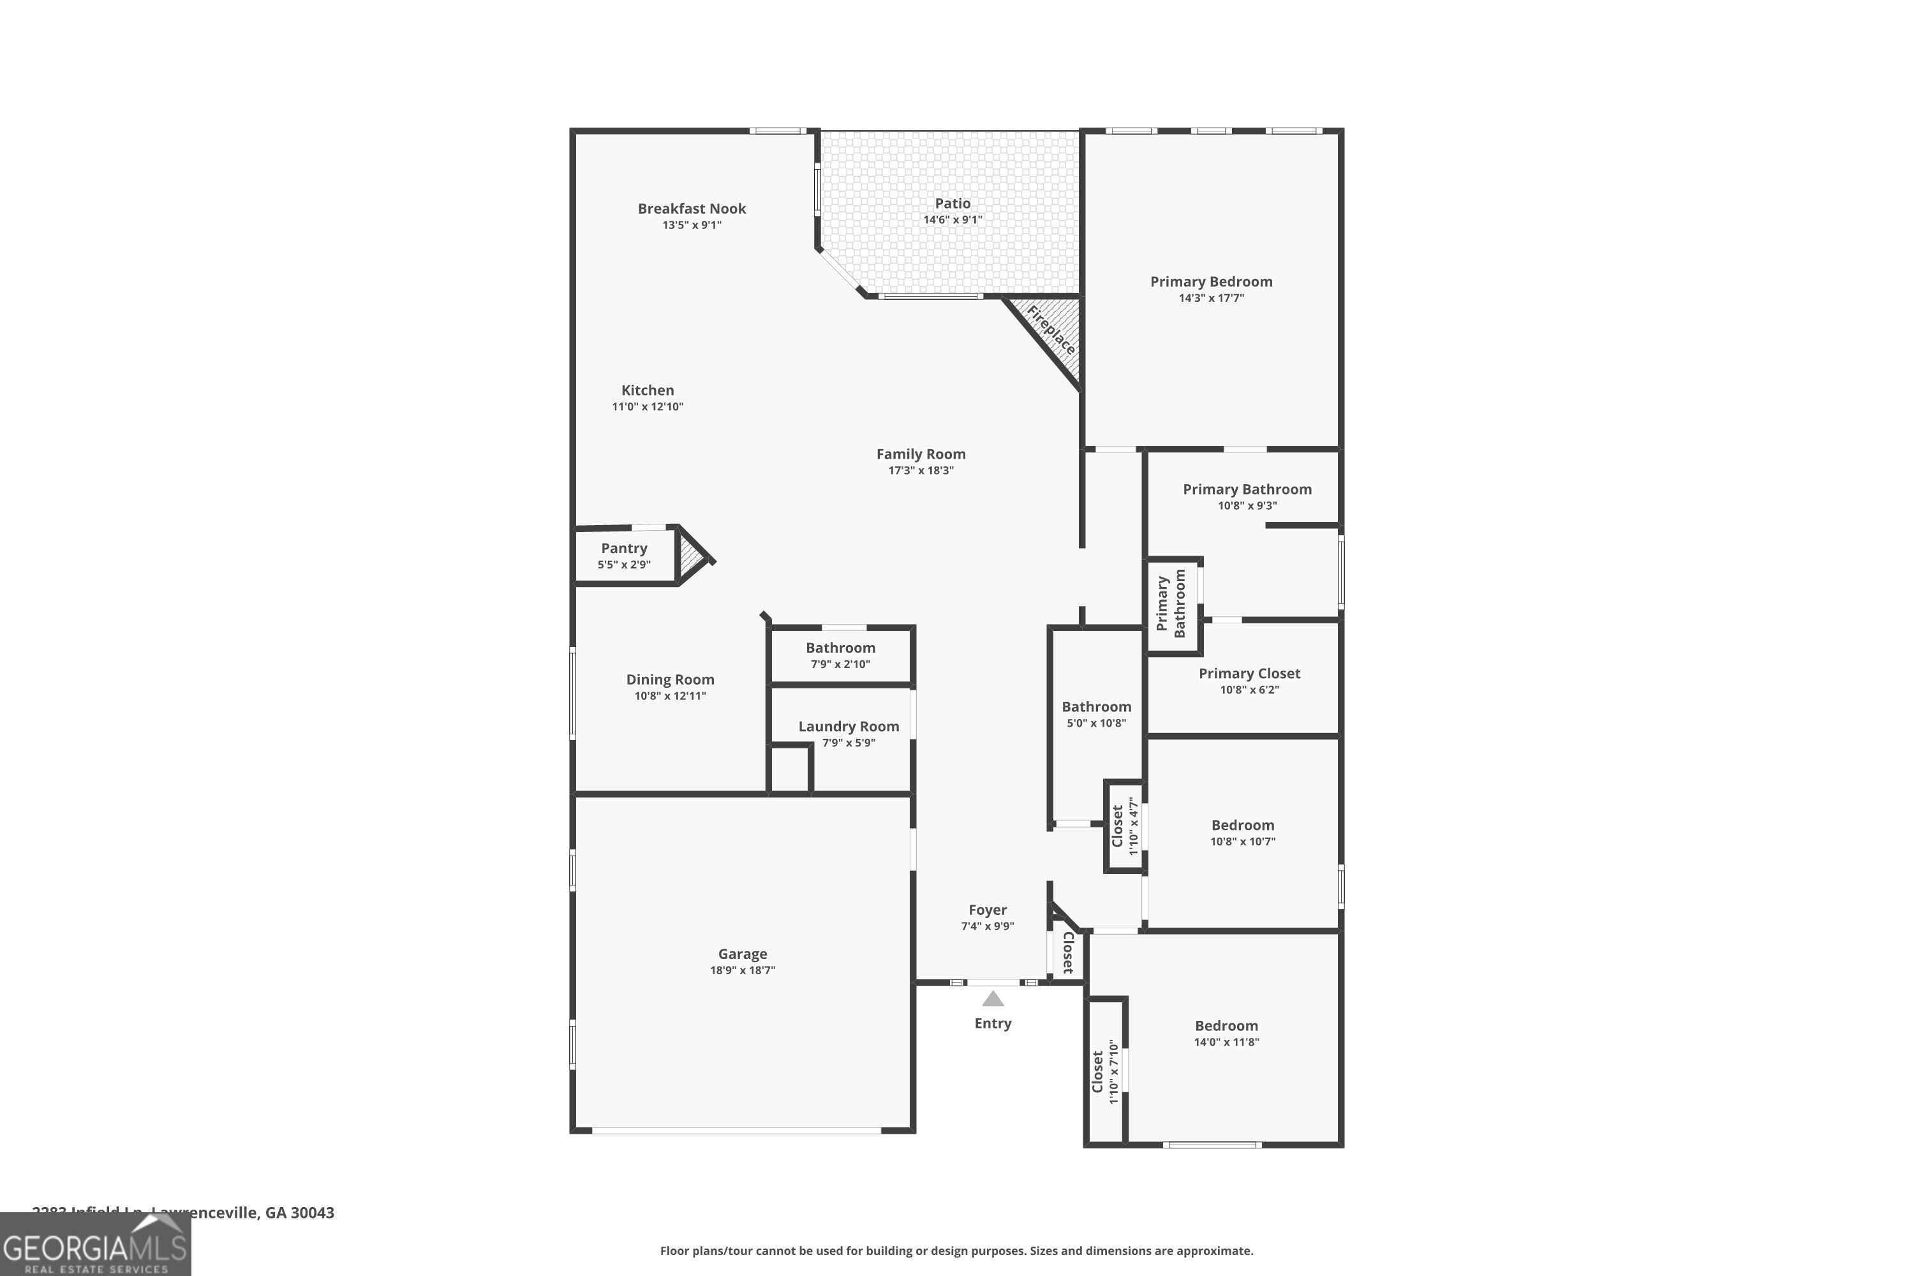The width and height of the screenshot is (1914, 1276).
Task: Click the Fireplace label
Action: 1051,330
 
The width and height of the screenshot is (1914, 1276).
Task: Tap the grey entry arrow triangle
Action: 992,998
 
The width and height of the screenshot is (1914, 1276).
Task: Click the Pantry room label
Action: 624,549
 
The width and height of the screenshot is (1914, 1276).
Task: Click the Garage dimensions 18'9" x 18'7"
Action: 742,970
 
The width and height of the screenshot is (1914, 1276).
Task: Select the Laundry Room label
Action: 848,726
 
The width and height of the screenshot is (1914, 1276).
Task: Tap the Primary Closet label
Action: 1249,673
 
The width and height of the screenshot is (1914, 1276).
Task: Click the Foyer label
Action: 987,910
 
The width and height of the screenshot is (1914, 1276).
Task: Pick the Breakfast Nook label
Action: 692,209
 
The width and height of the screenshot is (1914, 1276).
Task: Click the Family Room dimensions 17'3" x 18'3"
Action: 921,470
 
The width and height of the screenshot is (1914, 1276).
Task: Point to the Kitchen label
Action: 647,390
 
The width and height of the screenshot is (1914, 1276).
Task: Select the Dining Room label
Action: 670,679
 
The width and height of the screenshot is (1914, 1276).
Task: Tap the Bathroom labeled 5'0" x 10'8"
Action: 1095,706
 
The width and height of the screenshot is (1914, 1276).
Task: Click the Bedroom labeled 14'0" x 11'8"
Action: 1226,1025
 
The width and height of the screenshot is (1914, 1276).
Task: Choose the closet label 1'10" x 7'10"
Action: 1105,1071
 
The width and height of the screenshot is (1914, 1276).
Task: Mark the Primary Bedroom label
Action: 1210,281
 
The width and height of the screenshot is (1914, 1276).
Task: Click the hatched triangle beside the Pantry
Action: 691,556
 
